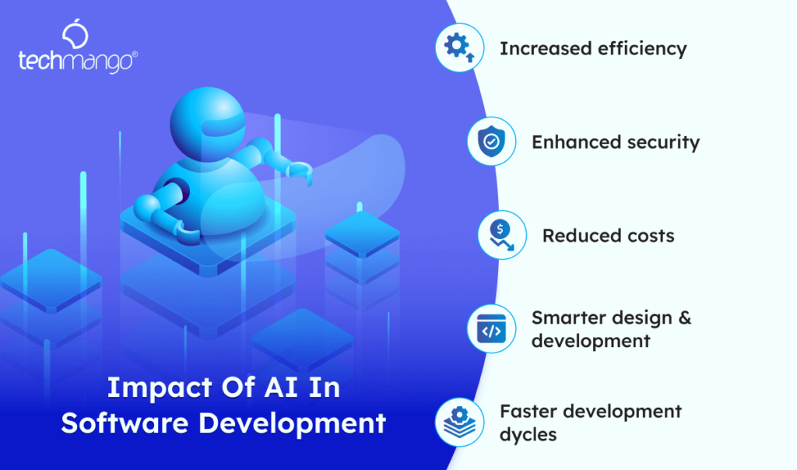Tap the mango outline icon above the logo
tap(75, 35)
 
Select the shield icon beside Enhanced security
tap(490, 142)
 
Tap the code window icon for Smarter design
tap(490, 329)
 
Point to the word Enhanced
tap(568, 142)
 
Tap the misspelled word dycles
tap(528, 434)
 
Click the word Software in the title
tap(125, 423)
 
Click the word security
tap(664, 142)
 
